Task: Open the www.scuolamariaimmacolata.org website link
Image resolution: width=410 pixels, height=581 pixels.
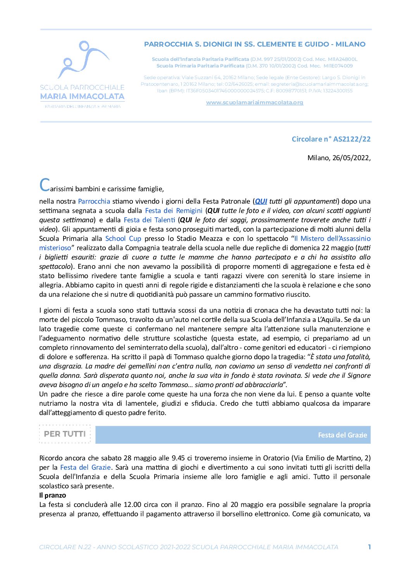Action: click(254, 102)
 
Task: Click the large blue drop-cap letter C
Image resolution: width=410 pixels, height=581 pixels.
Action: click(45, 185)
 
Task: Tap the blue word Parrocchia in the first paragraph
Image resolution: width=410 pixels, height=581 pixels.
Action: click(94, 201)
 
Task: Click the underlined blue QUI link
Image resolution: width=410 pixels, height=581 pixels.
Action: click(261, 201)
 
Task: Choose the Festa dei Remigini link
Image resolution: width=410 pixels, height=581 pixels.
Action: click(174, 211)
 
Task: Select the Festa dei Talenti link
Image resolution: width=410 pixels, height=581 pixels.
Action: click(149, 220)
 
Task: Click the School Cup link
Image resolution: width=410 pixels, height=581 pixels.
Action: click(123, 239)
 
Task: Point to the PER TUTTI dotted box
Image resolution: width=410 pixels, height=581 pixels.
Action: click(65, 434)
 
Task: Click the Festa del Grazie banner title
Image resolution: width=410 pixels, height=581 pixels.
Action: click(342, 435)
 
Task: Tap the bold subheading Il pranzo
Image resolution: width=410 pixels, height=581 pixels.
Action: click(53, 495)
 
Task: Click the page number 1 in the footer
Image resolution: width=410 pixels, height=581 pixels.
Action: click(369, 547)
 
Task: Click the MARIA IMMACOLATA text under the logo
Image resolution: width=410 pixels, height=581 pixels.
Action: click(82, 96)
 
